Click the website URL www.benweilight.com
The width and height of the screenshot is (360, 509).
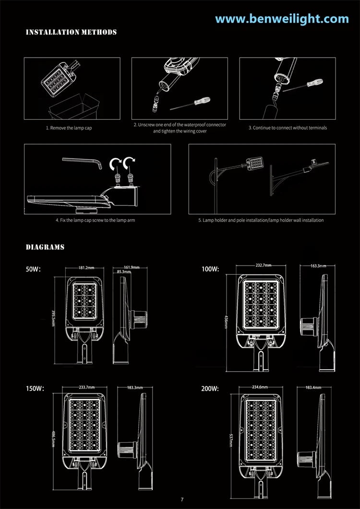pos(282,19)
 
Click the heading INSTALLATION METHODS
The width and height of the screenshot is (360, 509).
pos(71,32)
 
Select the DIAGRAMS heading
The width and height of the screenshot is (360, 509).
pos(45,247)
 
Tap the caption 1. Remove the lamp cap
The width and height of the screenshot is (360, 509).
pos(69,128)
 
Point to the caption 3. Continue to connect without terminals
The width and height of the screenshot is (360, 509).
pos(288,128)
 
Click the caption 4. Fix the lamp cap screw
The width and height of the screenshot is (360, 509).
pos(95,220)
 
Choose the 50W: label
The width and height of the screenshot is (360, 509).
pos(33,269)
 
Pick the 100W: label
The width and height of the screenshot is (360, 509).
pos(210,269)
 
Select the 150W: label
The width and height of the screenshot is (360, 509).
pos(35,388)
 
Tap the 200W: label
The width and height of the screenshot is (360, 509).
pos(210,388)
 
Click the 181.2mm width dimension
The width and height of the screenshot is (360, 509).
pos(86,268)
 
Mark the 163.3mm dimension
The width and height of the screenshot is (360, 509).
pos(318,266)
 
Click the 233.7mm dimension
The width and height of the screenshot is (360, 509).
pos(87,387)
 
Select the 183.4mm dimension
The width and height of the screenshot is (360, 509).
pos(313,387)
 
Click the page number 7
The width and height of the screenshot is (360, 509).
pos(182,499)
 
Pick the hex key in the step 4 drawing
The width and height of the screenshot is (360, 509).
pos(83,162)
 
